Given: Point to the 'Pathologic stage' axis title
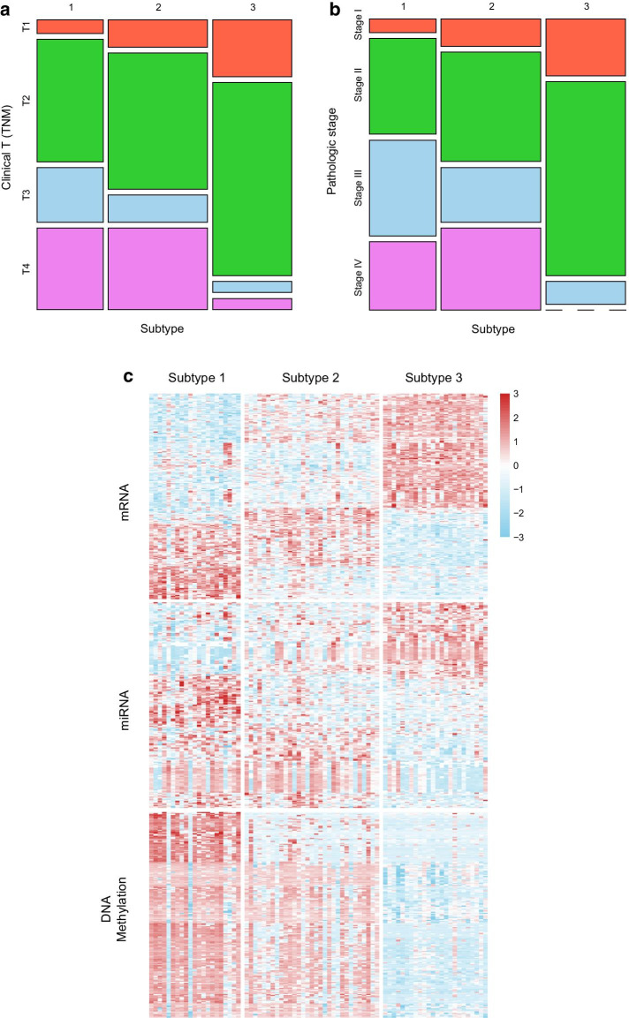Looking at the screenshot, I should click(332, 148).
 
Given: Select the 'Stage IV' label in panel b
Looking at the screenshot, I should click(357, 275).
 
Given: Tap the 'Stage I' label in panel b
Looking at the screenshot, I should click(357, 26).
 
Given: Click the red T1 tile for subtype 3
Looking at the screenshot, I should click(252, 48).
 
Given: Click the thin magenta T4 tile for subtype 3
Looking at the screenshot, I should click(252, 304).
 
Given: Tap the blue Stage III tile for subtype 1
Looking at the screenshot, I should click(402, 187).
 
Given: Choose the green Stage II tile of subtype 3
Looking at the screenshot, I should click(586, 178).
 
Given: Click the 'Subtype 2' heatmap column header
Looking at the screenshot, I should click(312, 378).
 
